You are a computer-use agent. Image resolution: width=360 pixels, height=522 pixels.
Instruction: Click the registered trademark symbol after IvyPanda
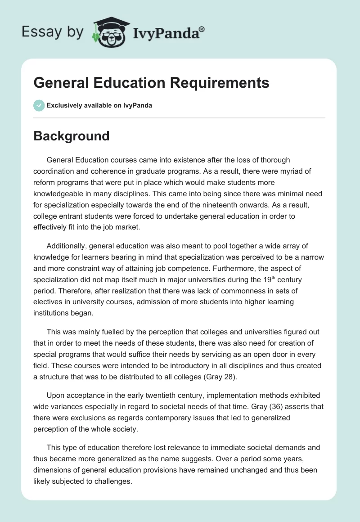[x=202, y=29]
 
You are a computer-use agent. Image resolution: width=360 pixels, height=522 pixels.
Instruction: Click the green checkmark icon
[x=39, y=105]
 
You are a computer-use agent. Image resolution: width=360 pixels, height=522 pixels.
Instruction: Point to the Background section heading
[x=72, y=136]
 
